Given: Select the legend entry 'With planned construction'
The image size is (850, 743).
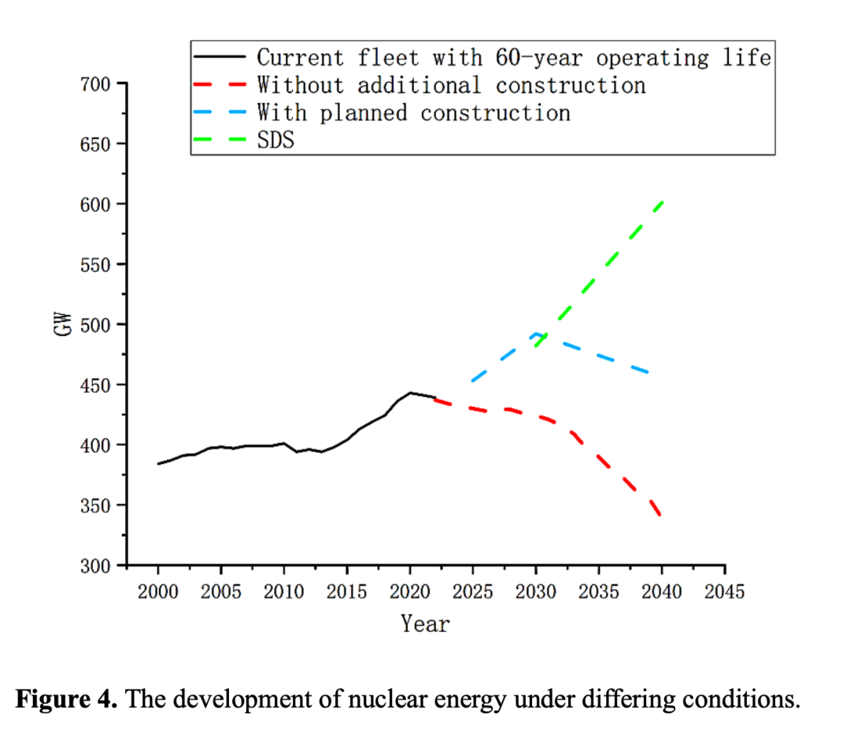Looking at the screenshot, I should (x=413, y=113).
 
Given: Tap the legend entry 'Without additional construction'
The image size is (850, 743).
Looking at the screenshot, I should (x=451, y=85).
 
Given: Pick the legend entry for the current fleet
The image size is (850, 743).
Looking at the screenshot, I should (x=513, y=57).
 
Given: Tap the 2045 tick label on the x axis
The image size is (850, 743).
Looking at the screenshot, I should (x=724, y=591).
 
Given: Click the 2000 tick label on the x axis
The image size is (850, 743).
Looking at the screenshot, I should (x=158, y=591).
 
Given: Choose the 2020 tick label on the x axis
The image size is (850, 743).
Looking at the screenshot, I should (x=410, y=591).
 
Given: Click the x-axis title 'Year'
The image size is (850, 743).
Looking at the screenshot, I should (x=425, y=624).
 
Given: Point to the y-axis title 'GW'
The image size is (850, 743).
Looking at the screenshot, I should (x=63, y=323).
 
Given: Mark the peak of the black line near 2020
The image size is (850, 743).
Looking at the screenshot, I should (x=410, y=392).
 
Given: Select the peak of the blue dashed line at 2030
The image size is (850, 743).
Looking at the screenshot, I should (x=537, y=334).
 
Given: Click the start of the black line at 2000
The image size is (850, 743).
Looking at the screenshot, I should (x=158, y=464).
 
